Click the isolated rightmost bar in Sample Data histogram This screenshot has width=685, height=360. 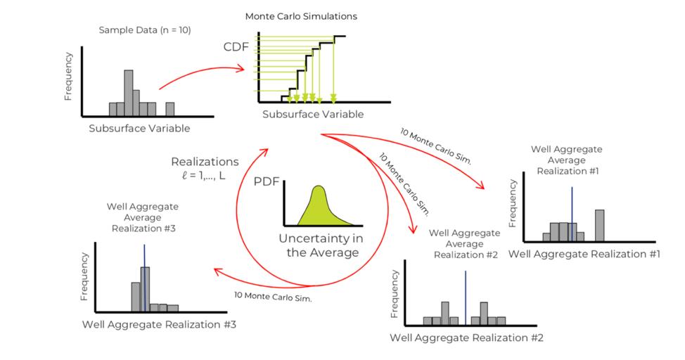pos(169,108)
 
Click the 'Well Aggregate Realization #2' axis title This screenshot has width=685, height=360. pos(467,337)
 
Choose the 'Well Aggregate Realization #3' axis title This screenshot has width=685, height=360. pos(159,324)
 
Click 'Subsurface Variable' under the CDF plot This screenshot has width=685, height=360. pos(313,115)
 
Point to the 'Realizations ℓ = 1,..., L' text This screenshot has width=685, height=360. pos(205,168)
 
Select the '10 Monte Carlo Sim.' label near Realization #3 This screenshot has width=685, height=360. pos(275,297)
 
